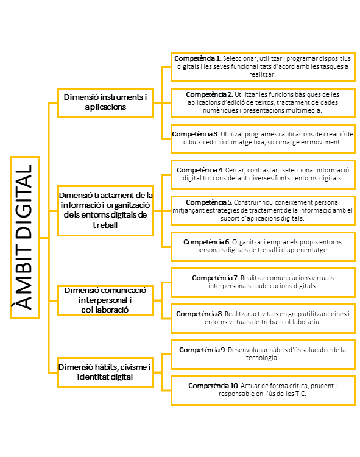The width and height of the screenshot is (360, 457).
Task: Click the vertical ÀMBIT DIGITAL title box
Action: [x=25, y=238]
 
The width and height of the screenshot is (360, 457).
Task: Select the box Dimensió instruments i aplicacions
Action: [x=105, y=103]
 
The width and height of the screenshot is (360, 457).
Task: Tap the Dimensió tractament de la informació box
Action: [x=105, y=211]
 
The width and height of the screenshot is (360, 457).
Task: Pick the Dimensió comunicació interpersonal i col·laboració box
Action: [x=105, y=300]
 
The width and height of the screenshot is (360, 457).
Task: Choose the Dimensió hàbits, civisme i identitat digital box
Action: [x=105, y=372]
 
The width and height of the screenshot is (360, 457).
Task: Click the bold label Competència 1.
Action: [x=198, y=58]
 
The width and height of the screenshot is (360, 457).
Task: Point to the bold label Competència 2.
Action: [x=210, y=94]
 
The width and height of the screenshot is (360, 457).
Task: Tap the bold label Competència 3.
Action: [x=196, y=134]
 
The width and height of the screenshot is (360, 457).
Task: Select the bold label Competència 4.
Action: [x=200, y=170]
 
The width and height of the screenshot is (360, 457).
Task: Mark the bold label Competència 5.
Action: [x=209, y=202]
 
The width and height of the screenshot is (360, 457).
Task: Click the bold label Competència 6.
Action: [x=207, y=242]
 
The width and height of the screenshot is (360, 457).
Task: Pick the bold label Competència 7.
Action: [x=216, y=278]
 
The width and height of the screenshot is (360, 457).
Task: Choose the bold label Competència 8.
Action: [x=200, y=314]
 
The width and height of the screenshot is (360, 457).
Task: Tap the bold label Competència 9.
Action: [x=203, y=350]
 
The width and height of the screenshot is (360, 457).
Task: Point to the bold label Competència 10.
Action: [x=214, y=386]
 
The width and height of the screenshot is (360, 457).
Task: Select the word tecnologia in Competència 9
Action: [x=262, y=358]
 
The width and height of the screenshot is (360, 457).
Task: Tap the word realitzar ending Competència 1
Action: [x=263, y=74]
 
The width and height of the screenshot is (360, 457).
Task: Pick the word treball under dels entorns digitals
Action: [x=105, y=225]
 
